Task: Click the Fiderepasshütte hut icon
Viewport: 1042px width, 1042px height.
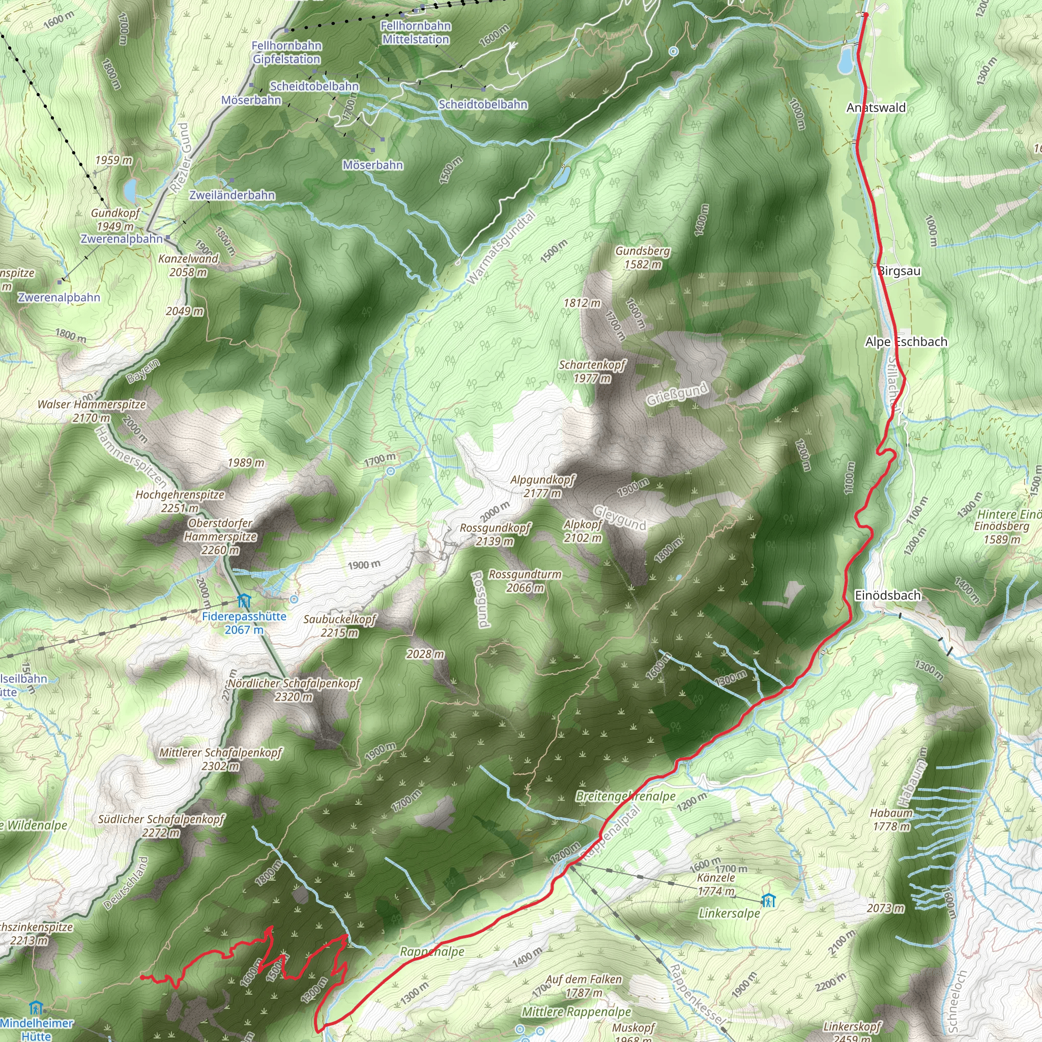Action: (244, 601)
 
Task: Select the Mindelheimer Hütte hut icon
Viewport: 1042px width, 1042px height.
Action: (36, 1007)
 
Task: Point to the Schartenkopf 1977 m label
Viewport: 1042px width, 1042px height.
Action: (592, 371)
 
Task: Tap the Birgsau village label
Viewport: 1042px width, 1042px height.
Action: (899, 271)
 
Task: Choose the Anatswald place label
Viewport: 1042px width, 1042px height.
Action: (876, 108)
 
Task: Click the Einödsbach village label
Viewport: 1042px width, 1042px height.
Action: (888, 595)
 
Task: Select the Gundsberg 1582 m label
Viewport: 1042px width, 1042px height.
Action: (643, 257)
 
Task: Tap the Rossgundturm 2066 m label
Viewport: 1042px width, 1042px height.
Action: (525, 581)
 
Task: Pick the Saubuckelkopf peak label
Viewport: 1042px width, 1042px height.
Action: (339, 626)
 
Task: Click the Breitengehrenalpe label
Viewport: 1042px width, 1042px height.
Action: (625, 796)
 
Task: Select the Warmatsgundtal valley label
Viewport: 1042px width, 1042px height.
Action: (501, 248)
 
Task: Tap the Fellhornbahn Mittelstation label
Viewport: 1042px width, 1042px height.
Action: (415, 33)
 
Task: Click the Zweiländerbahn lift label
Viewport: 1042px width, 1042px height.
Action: (232, 195)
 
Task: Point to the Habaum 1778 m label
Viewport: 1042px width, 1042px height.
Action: (891, 819)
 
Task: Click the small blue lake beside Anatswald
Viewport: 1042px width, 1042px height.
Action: (846, 59)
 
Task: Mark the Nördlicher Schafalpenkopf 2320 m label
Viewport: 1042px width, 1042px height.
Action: (294, 690)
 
